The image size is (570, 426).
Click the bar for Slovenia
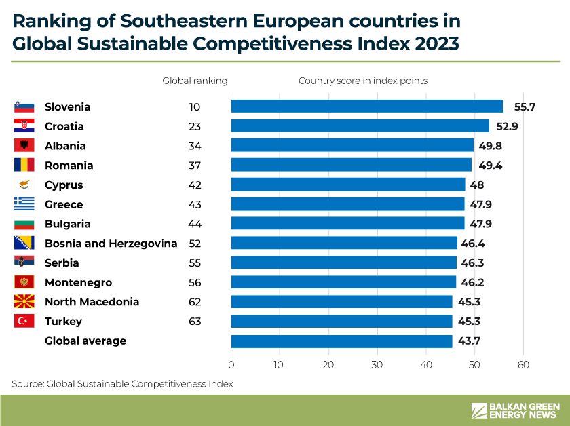click(366, 106)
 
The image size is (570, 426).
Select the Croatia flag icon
click(24, 126)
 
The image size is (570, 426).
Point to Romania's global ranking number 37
click(195, 166)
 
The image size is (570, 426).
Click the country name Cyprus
click(64, 185)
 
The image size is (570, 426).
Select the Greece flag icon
click(24, 204)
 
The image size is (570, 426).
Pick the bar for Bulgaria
click(347, 224)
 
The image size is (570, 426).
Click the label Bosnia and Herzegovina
click(111, 244)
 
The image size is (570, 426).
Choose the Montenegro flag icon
click(24, 282)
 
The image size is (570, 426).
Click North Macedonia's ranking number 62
click(195, 302)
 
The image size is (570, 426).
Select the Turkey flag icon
click(24, 322)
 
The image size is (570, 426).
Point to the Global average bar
click(341, 341)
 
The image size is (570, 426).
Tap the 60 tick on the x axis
click(523, 365)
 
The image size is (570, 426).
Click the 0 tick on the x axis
click(231, 365)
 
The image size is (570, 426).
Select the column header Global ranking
click(195, 81)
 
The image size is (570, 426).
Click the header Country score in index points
click(363, 81)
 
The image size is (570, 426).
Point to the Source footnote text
click(122, 384)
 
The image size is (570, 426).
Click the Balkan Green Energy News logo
click(516, 410)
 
